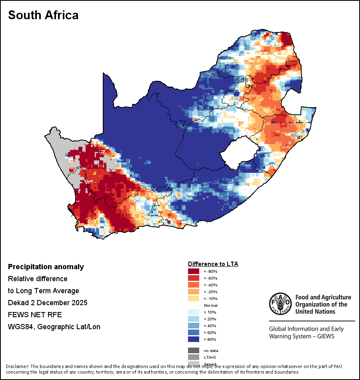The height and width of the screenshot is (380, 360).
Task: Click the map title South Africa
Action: click(x=43, y=15)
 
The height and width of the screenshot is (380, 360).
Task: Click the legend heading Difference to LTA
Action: click(x=213, y=264)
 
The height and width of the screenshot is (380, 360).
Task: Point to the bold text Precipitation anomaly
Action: click(x=46, y=267)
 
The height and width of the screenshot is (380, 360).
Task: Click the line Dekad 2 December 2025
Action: click(x=48, y=302)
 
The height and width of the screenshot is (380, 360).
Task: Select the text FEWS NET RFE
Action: click(x=35, y=314)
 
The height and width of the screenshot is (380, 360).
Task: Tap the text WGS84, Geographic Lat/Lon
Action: click(x=54, y=326)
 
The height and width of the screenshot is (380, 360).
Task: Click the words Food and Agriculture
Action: click(x=323, y=297)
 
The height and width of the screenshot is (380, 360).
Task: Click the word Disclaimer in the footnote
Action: click(x=17, y=366)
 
